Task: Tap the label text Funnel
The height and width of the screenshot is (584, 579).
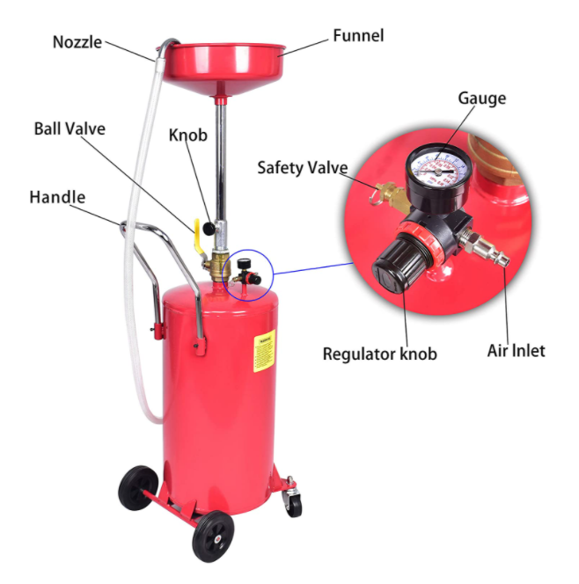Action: [357, 36]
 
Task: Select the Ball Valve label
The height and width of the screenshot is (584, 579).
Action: [70, 128]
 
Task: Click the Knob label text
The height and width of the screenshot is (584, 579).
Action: [187, 135]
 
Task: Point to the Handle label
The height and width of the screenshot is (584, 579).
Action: [57, 196]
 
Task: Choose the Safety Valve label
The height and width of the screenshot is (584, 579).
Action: [302, 167]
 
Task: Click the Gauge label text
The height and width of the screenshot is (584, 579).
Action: [481, 98]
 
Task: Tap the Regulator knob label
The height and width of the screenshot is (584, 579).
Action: [379, 354]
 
